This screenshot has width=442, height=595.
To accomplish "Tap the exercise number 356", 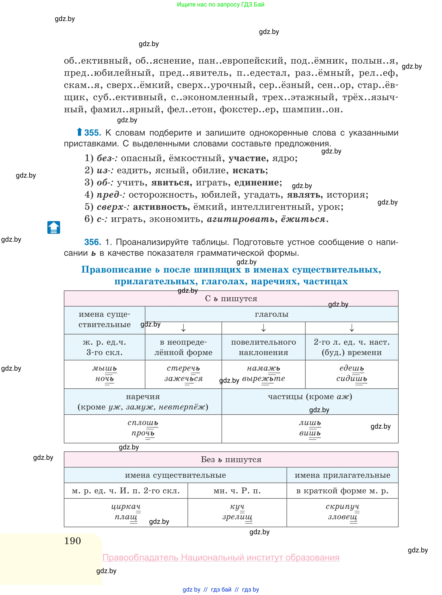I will pyautogui.click(x=92, y=242).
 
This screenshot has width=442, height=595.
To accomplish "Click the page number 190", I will pyautogui.click(x=72, y=541).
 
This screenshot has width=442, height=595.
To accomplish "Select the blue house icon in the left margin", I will pyautogui.click(x=54, y=227).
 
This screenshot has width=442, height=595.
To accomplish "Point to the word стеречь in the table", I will pyautogui.click(x=183, y=368).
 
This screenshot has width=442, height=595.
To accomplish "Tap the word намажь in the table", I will pyautogui.click(x=263, y=368).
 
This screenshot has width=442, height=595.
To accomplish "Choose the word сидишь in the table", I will pyautogui.click(x=352, y=379).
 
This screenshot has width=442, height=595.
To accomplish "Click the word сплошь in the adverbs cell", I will pyautogui.click(x=143, y=423).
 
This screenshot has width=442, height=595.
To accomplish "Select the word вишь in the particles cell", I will pyautogui.click(x=310, y=433).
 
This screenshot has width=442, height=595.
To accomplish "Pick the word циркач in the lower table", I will pyautogui.click(x=126, y=507).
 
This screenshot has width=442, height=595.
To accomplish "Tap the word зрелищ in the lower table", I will pyautogui.click(x=237, y=517).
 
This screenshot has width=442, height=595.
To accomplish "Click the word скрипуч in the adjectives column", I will pyautogui.click(x=342, y=507).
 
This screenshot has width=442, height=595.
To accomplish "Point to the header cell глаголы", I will pyautogui.click(x=272, y=314).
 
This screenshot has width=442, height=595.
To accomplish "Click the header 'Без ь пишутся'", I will pyautogui.click(x=231, y=460).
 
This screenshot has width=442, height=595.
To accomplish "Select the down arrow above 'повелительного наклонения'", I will pyautogui.click(x=264, y=328).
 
